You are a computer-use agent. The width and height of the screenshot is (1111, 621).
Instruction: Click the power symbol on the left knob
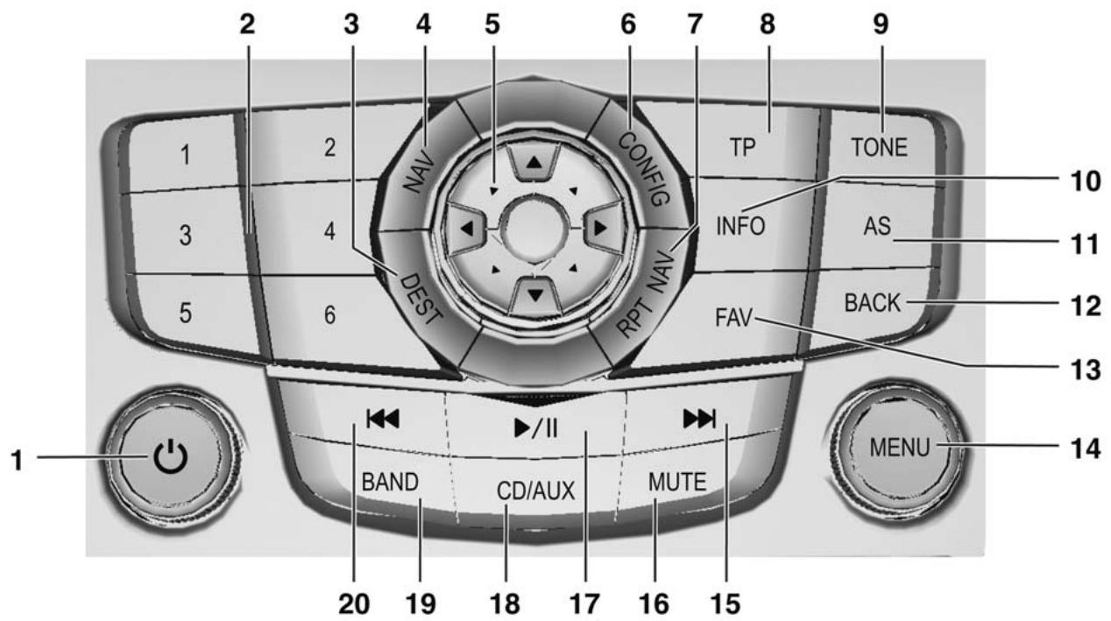pos(171,457)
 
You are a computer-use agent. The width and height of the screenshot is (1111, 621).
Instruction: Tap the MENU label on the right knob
pos(900,448)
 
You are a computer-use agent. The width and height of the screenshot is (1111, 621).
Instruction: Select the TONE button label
pos(880,147)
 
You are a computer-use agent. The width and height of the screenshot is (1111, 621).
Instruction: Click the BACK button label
pos(873,303)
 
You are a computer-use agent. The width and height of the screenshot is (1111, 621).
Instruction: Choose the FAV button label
pos(734,317)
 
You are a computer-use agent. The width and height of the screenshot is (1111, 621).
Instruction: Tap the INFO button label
pos(740,226)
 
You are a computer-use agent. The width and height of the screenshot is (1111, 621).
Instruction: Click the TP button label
pos(742,147)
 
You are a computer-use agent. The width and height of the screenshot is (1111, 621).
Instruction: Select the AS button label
pos(877,226)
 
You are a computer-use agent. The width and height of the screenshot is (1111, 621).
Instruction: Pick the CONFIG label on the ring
pos(644,169)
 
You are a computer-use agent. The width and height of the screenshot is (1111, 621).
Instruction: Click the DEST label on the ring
pos(421,300)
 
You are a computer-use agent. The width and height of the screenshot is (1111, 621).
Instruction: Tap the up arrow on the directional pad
pos(534,162)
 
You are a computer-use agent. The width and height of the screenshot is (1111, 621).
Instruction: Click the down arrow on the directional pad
pos(535,295)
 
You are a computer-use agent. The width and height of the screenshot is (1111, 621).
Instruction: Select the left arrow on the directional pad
pos(467,229)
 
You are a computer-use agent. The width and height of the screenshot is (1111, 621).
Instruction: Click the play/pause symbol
pos(536,428)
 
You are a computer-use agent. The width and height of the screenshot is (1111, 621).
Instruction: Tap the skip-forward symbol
pos(699,420)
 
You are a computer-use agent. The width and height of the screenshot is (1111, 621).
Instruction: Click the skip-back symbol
pos(383,420)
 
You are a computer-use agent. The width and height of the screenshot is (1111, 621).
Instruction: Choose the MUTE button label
pos(677,482)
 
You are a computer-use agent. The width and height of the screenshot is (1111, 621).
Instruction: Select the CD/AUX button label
pos(535,491)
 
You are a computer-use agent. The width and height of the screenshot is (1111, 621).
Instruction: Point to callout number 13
pos(1086,370)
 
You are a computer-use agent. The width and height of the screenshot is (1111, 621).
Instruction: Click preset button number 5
pos(186,314)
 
